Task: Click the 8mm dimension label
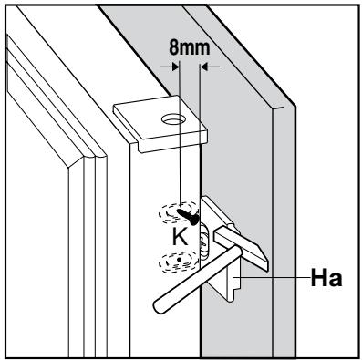[189, 48]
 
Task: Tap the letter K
[180, 237]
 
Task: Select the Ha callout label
[326, 278]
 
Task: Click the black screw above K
[188, 216]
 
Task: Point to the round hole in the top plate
[173, 119]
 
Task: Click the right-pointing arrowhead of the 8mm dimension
[175, 67]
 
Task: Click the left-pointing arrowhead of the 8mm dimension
[204, 67]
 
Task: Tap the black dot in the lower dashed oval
[180, 259]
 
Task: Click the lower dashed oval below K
[179, 262]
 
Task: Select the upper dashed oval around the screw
[180, 211]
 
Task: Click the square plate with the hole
[160, 124]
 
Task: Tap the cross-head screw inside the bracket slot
[202, 242]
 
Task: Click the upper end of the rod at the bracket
[236, 252]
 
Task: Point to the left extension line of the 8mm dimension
[180, 133]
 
